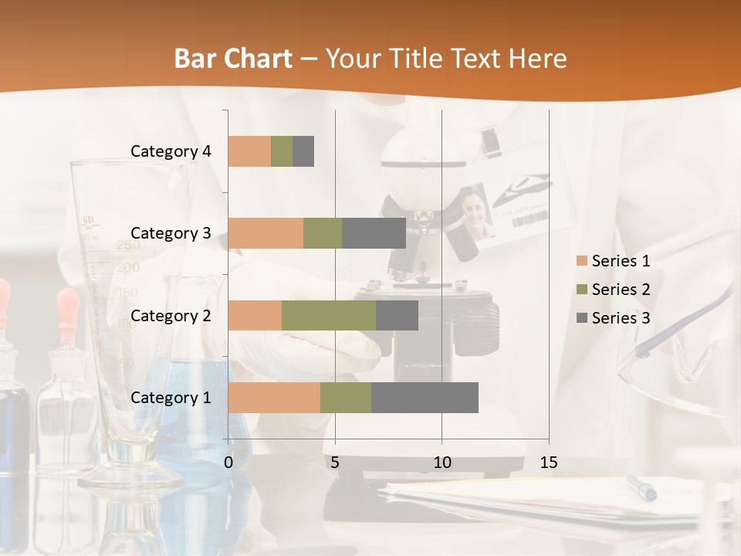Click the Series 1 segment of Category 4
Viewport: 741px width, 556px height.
tap(249, 151)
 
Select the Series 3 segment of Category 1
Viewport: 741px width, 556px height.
tap(425, 398)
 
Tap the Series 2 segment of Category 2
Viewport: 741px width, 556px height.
tap(329, 315)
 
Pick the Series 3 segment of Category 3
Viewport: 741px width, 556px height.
tap(374, 233)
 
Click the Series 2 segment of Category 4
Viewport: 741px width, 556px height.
tap(282, 151)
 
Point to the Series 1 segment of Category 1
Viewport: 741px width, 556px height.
tap(274, 398)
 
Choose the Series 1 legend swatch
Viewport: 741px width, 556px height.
tap(581, 261)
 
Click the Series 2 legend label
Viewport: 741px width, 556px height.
tap(621, 290)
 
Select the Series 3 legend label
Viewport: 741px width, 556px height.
tap(621, 318)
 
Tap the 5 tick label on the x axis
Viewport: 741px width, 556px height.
tap(335, 463)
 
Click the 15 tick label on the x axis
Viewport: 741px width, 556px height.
tap(548, 463)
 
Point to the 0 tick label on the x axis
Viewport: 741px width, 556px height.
tap(228, 463)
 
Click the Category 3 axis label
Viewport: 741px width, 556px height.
tap(171, 233)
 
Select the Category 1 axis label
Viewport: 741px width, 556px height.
tap(171, 398)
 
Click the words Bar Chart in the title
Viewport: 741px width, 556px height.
tap(233, 59)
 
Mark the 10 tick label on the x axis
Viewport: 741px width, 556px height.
tap(442, 463)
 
